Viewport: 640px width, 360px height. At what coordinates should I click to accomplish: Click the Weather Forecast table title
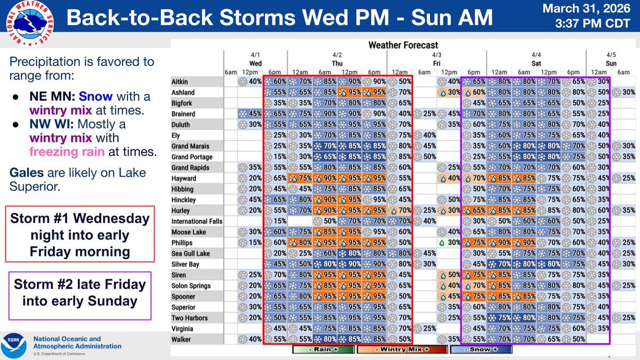[403, 45]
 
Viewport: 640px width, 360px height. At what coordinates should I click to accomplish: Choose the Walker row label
[182, 339]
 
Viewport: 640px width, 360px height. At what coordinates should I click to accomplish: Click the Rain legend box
[323, 350]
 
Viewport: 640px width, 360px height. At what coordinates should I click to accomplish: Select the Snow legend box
[481, 350]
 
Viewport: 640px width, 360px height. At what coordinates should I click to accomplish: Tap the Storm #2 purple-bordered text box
[80, 292]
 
